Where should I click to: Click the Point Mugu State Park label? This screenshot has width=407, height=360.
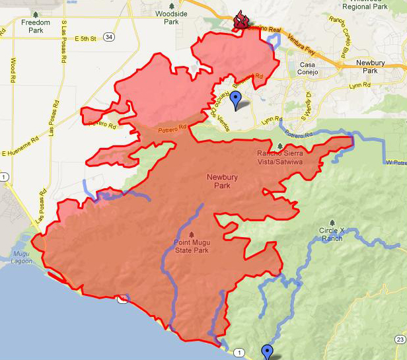pos(192,250)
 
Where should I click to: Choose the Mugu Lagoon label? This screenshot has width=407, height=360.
pos(24,257)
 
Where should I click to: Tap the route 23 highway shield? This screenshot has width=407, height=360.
pos(400,340)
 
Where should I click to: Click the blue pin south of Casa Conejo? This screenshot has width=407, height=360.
pos(236,101)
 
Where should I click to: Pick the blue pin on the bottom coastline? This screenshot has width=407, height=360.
pos(267,351)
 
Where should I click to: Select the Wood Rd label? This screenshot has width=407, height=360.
pos(13,70)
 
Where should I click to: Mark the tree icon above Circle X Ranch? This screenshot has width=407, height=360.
pos(331,223)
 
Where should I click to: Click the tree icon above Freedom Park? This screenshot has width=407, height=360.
pos(35,14)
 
